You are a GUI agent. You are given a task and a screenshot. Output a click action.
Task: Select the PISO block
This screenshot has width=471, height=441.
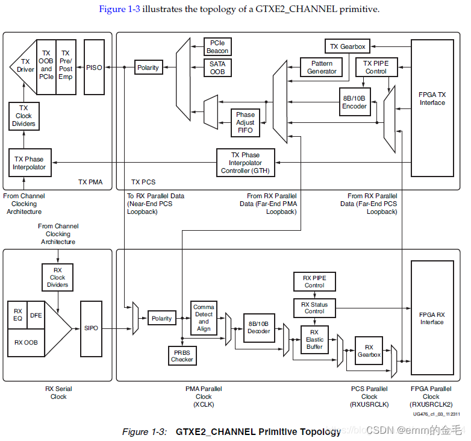tap(93, 67)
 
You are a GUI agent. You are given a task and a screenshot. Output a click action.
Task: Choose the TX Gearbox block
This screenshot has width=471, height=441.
tap(347, 46)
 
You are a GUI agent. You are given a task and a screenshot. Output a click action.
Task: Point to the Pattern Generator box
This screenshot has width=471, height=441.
tap(322, 67)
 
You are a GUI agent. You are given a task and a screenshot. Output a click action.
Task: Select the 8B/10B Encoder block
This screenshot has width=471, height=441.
tap(354, 102)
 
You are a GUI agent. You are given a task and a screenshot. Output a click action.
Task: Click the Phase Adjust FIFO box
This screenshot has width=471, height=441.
tap(245, 122)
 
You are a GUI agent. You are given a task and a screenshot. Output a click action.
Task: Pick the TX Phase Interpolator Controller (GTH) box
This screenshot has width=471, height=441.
tap(245, 163)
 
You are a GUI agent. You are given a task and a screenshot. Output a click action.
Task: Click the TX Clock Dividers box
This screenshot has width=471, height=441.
tap(23, 116)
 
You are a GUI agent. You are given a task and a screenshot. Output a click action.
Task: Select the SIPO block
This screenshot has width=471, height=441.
tap(92, 328)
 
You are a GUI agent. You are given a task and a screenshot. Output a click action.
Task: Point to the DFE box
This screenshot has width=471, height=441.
tap(36, 314)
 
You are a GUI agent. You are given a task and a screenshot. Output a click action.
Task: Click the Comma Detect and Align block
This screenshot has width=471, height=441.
tap(204, 318)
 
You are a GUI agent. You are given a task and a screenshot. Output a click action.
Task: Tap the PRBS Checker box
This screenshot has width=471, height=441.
tap(182, 355)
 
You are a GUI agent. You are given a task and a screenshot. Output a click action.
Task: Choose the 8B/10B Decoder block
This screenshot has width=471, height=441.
tap(259, 328)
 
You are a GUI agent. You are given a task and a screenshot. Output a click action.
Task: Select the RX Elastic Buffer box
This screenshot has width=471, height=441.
tap(314, 340)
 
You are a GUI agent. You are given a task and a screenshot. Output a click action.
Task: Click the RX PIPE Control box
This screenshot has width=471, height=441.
tap(314, 281)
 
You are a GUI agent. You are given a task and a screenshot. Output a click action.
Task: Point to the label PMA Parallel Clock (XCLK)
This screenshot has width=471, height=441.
tap(204, 396)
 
